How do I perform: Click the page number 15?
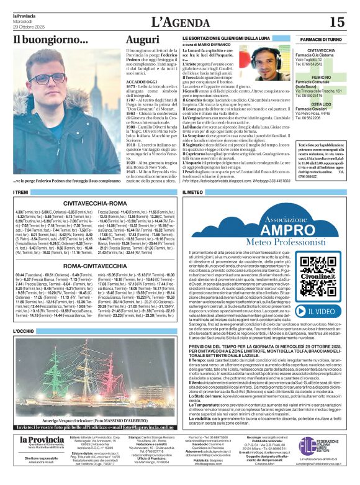click(x=336, y=22)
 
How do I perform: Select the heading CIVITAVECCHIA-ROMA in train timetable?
click(x=95, y=203)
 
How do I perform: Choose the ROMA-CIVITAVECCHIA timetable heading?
click(x=95, y=265)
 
